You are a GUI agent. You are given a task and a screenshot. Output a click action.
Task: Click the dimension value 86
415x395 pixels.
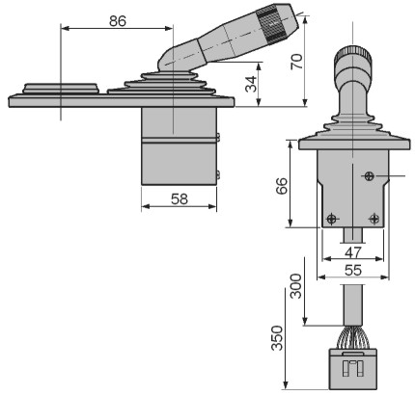[x=118, y=21]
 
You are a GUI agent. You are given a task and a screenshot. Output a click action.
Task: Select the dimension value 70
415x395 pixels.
[x=296, y=62]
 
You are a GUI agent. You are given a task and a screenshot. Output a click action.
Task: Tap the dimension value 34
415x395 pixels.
[x=251, y=84]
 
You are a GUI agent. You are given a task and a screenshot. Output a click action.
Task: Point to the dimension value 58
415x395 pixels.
[x=180, y=199]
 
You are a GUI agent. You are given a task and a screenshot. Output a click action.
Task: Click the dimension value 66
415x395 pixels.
[x=282, y=186]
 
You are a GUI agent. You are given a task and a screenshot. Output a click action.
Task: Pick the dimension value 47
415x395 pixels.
[x=353, y=252]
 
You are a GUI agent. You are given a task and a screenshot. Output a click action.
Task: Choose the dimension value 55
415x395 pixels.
[x=353, y=271]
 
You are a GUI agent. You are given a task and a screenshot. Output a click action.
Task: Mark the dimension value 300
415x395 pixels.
[x=296, y=286]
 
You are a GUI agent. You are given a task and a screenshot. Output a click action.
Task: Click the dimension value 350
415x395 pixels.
[x=277, y=338]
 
